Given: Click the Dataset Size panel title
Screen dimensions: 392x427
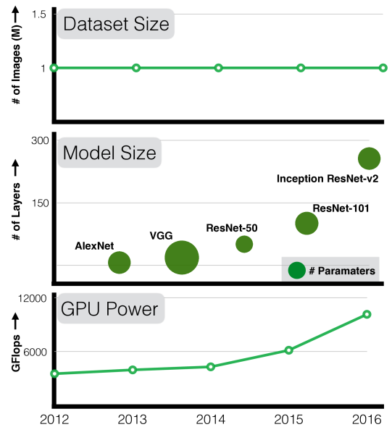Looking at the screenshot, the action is click(x=116, y=24).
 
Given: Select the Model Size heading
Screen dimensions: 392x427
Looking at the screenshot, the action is click(x=109, y=153).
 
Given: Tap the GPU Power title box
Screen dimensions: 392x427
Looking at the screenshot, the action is click(x=111, y=308).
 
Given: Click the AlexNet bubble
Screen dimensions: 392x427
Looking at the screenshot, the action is click(x=120, y=263).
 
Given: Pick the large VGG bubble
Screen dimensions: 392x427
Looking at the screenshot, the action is click(x=182, y=258).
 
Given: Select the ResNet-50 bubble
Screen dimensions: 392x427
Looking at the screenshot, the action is click(x=244, y=244).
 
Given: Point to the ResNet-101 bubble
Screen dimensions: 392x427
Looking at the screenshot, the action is click(x=306, y=224).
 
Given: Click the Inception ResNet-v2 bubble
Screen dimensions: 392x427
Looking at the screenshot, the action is click(x=369, y=158).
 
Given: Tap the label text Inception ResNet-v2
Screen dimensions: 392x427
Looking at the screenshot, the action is click(x=328, y=179).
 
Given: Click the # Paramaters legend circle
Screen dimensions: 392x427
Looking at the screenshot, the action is click(x=296, y=271).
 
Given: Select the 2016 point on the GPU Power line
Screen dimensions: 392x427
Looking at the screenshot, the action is click(x=367, y=314).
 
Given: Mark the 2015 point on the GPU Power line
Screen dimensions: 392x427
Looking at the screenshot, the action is click(x=288, y=350).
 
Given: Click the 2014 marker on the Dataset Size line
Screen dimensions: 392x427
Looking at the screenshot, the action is click(x=218, y=68).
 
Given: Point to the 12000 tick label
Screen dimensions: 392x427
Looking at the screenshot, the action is click(x=32, y=298).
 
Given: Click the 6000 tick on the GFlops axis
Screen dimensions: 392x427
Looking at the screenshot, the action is click(x=36, y=352).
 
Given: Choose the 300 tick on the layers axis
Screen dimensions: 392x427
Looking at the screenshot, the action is click(x=40, y=140).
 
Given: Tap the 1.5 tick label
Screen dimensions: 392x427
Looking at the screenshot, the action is click(x=39, y=14).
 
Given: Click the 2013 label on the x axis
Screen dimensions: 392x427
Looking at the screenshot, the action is click(x=132, y=419).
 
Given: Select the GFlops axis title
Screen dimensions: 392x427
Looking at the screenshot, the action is click(x=16, y=353).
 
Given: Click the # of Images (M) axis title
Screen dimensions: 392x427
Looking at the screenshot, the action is click(x=16, y=64).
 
